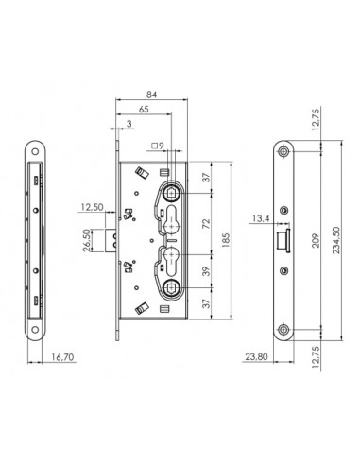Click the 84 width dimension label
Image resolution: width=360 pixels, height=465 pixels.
point(151,95)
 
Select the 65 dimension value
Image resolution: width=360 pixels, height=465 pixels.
point(144,110)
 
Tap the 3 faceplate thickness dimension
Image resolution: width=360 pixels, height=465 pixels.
point(129,124)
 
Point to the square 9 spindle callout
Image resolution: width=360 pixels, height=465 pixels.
point(158,146)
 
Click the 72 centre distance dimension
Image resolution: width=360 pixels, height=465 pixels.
point(206,223)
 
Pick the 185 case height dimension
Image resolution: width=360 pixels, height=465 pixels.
point(226,240)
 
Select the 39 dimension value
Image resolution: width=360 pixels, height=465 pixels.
point(206,271)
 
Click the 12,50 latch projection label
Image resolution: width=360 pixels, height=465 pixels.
point(92,207)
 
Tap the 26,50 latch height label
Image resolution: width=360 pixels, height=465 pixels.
point(87,240)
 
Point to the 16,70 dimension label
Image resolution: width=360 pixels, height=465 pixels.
point(62,357)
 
